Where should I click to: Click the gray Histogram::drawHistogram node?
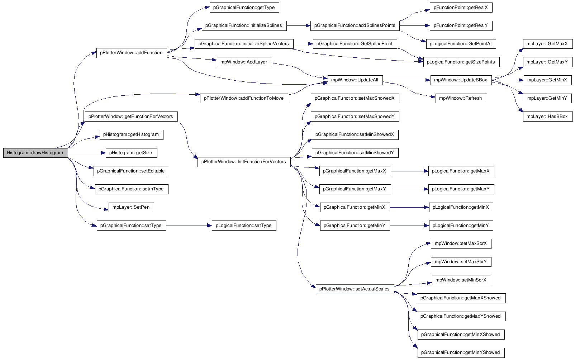coord(35,153)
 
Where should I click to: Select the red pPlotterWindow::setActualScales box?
coord(355,289)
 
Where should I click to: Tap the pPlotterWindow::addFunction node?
coord(132,53)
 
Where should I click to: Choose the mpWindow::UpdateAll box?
coord(355,80)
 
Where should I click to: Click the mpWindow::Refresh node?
coord(461,98)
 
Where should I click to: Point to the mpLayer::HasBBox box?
coord(547,117)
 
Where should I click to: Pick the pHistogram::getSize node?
coord(132,153)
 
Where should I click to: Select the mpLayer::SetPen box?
coord(131,207)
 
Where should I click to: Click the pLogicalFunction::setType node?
coord(244,226)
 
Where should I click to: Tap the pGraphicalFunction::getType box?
coord(244,8)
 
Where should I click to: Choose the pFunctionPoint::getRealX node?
coord(461,8)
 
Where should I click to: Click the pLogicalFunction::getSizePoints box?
coord(461,62)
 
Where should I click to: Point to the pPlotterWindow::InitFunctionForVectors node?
coord(244,162)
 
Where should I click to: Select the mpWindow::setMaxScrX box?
coord(461,244)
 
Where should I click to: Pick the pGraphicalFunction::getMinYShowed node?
coord(461,352)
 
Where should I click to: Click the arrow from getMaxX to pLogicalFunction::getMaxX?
coord(410,171)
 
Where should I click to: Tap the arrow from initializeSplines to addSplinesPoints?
coord(299,26)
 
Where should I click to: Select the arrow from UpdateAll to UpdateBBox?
coord(407,80)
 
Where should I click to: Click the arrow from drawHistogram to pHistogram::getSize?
coord(87,153)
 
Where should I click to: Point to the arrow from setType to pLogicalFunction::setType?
coord(189,226)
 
